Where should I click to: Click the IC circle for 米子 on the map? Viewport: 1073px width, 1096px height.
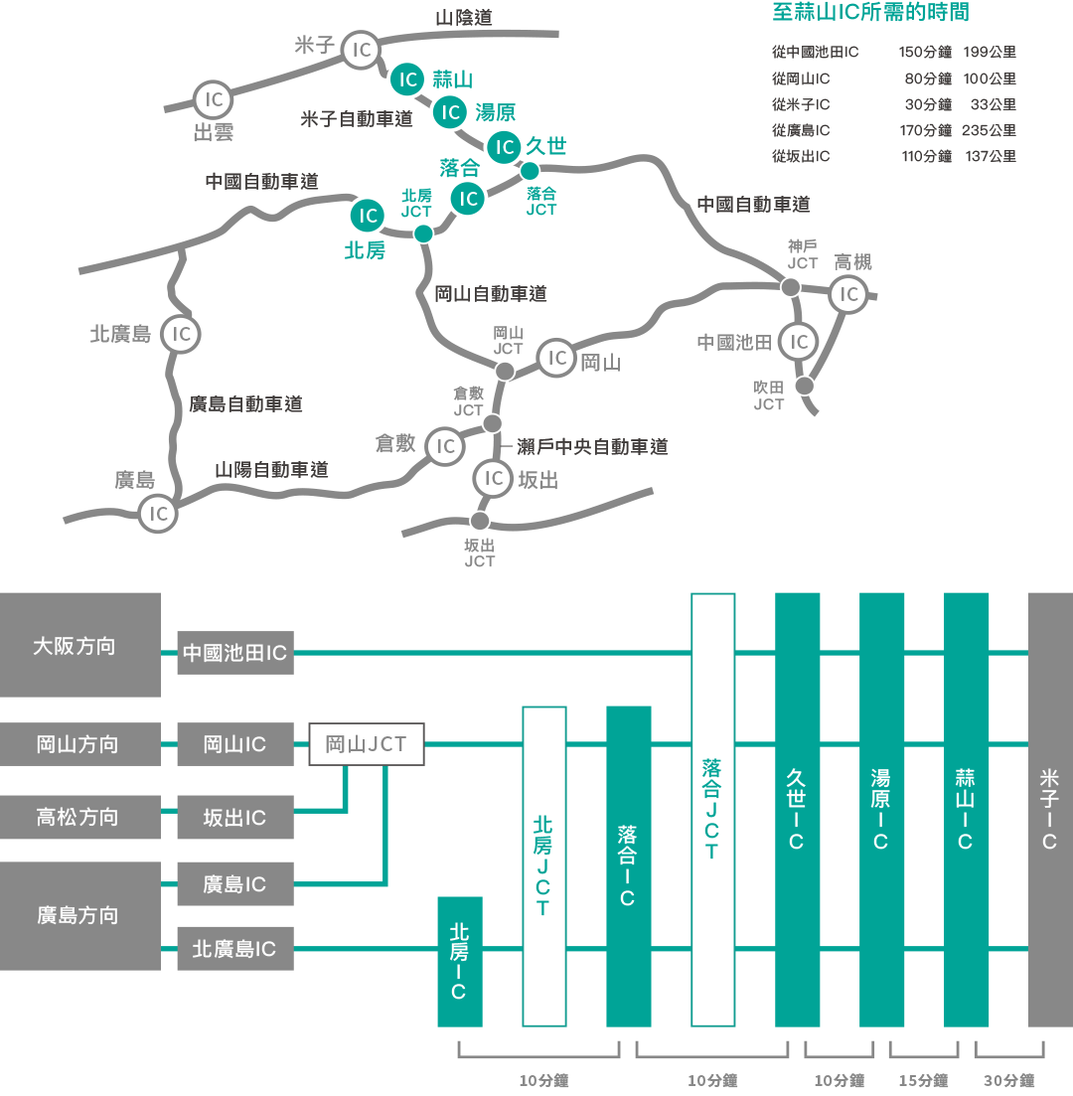(x=362, y=50)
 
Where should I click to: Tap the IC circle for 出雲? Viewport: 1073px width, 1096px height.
(x=213, y=99)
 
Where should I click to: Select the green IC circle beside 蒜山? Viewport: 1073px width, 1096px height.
(x=406, y=79)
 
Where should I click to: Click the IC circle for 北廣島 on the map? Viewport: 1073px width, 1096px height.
(x=181, y=335)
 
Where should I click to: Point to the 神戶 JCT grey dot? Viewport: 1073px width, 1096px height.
(x=791, y=287)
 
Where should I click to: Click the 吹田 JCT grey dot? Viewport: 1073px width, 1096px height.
(x=805, y=386)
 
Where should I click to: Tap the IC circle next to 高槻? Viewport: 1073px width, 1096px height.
(x=848, y=294)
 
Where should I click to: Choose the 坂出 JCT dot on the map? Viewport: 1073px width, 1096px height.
(x=480, y=521)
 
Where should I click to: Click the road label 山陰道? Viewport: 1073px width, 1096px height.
(x=464, y=18)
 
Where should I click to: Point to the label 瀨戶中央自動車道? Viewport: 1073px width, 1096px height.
(x=592, y=447)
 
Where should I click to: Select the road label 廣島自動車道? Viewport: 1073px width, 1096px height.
(x=245, y=404)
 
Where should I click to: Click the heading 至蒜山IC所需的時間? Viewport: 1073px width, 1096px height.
(x=870, y=13)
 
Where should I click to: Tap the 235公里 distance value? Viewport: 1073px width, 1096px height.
(x=989, y=130)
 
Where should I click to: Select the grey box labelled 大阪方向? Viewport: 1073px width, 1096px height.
(x=79, y=646)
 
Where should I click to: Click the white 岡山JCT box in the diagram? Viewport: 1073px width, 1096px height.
(x=367, y=744)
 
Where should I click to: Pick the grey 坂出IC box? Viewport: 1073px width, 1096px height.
(x=235, y=818)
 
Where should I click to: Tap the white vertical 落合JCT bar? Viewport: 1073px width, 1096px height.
(x=712, y=809)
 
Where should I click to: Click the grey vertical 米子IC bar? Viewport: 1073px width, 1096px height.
(x=1049, y=809)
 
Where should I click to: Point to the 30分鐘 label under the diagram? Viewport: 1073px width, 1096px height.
(x=1009, y=1080)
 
